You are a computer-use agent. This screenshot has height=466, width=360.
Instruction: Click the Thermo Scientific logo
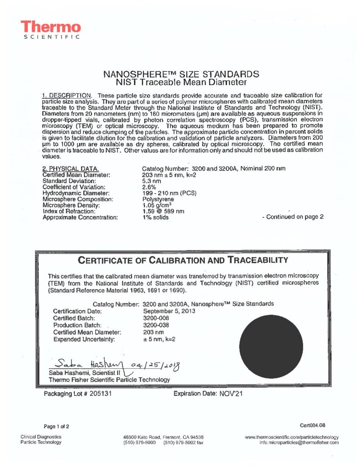point(51,30)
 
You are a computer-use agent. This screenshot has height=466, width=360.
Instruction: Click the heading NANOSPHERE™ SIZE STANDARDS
point(182,74)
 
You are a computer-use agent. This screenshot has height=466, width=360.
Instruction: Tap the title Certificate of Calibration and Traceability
point(183,260)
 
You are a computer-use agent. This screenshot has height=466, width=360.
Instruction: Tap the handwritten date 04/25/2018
point(152,365)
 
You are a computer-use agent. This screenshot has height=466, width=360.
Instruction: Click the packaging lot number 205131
point(99,394)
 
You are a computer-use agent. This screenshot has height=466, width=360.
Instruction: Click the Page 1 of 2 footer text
point(56,426)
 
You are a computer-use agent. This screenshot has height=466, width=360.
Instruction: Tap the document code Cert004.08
point(313,425)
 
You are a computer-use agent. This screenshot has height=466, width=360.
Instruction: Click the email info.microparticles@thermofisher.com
point(299,442)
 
